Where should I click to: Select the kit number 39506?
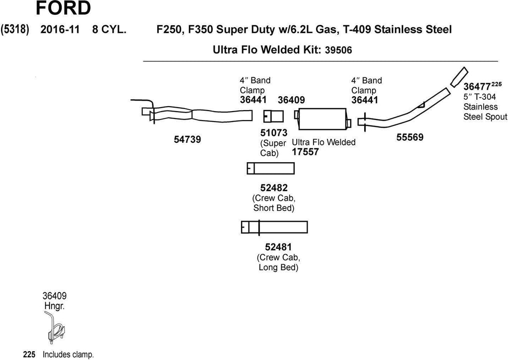click(x=341, y=50)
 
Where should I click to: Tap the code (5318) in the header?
click(x=15, y=29)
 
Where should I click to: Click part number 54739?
click(x=187, y=140)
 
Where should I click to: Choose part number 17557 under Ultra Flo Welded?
click(x=305, y=152)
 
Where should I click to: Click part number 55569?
click(x=410, y=137)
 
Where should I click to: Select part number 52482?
click(x=273, y=187)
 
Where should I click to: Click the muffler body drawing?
click(x=322, y=119)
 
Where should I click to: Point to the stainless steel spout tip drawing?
click(x=458, y=76)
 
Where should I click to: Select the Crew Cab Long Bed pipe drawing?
click(x=274, y=227)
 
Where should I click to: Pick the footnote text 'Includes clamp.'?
click(x=68, y=355)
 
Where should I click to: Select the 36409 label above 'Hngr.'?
click(x=55, y=297)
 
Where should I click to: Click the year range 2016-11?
click(x=56, y=29)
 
